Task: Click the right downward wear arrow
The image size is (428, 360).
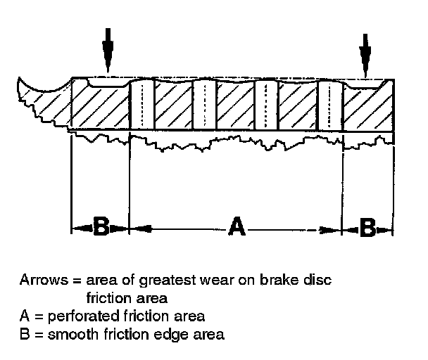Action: [365, 53]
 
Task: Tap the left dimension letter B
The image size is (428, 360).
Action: [101, 227]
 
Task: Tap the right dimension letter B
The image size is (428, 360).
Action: [367, 227]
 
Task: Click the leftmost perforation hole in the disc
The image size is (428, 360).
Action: [142, 104]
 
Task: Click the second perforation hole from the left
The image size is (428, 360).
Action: [203, 104]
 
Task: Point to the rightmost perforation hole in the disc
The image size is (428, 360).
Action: [329, 104]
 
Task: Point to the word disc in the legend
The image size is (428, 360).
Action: [319, 279]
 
